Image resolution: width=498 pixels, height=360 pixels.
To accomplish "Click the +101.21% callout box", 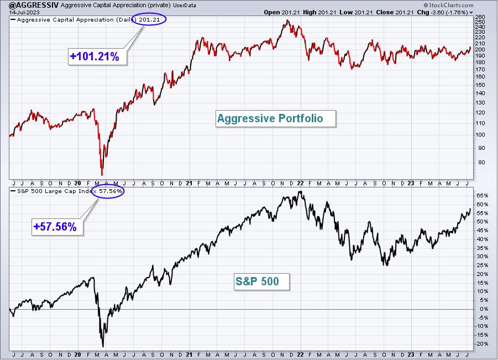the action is pyautogui.click(x=97, y=56).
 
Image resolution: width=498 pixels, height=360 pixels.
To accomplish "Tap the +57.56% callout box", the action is pyautogui.click(x=57, y=227).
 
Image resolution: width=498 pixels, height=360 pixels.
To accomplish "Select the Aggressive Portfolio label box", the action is pyautogui.click(x=275, y=118).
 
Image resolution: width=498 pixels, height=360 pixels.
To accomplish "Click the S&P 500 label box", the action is pyautogui.click(x=261, y=281).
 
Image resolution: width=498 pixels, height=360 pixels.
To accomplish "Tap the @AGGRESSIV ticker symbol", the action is pyautogui.click(x=29, y=5).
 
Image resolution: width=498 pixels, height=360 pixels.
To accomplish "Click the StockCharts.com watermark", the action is pyautogui.click(x=448, y=5).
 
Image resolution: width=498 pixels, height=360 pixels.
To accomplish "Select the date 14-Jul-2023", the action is pyautogui.click(x=24, y=12).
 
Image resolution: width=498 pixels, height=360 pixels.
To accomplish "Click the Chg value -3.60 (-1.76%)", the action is pyautogui.click(x=449, y=12).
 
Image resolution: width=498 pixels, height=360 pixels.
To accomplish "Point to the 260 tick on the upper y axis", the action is pyautogui.click(x=480, y=17).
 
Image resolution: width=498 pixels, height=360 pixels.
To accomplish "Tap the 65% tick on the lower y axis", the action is pyautogui.click(x=482, y=195).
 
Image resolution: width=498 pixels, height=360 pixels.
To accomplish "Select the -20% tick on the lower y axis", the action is pyautogui.click(x=481, y=344).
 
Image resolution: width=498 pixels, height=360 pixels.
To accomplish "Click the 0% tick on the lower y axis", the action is pyautogui.click(x=484, y=309).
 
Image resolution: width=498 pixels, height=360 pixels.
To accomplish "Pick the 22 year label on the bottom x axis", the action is pyautogui.click(x=300, y=354).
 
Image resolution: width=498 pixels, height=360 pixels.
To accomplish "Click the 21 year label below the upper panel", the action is pyautogui.click(x=189, y=184).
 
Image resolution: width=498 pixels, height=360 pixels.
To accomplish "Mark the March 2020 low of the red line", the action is pyautogui.click(x=102, y=175).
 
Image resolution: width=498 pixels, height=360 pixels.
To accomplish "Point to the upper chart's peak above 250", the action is pyautogui.click(x=287, y=20).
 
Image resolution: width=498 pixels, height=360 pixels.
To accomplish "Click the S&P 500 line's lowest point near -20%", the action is pyautogui.click(x=103, y=347).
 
